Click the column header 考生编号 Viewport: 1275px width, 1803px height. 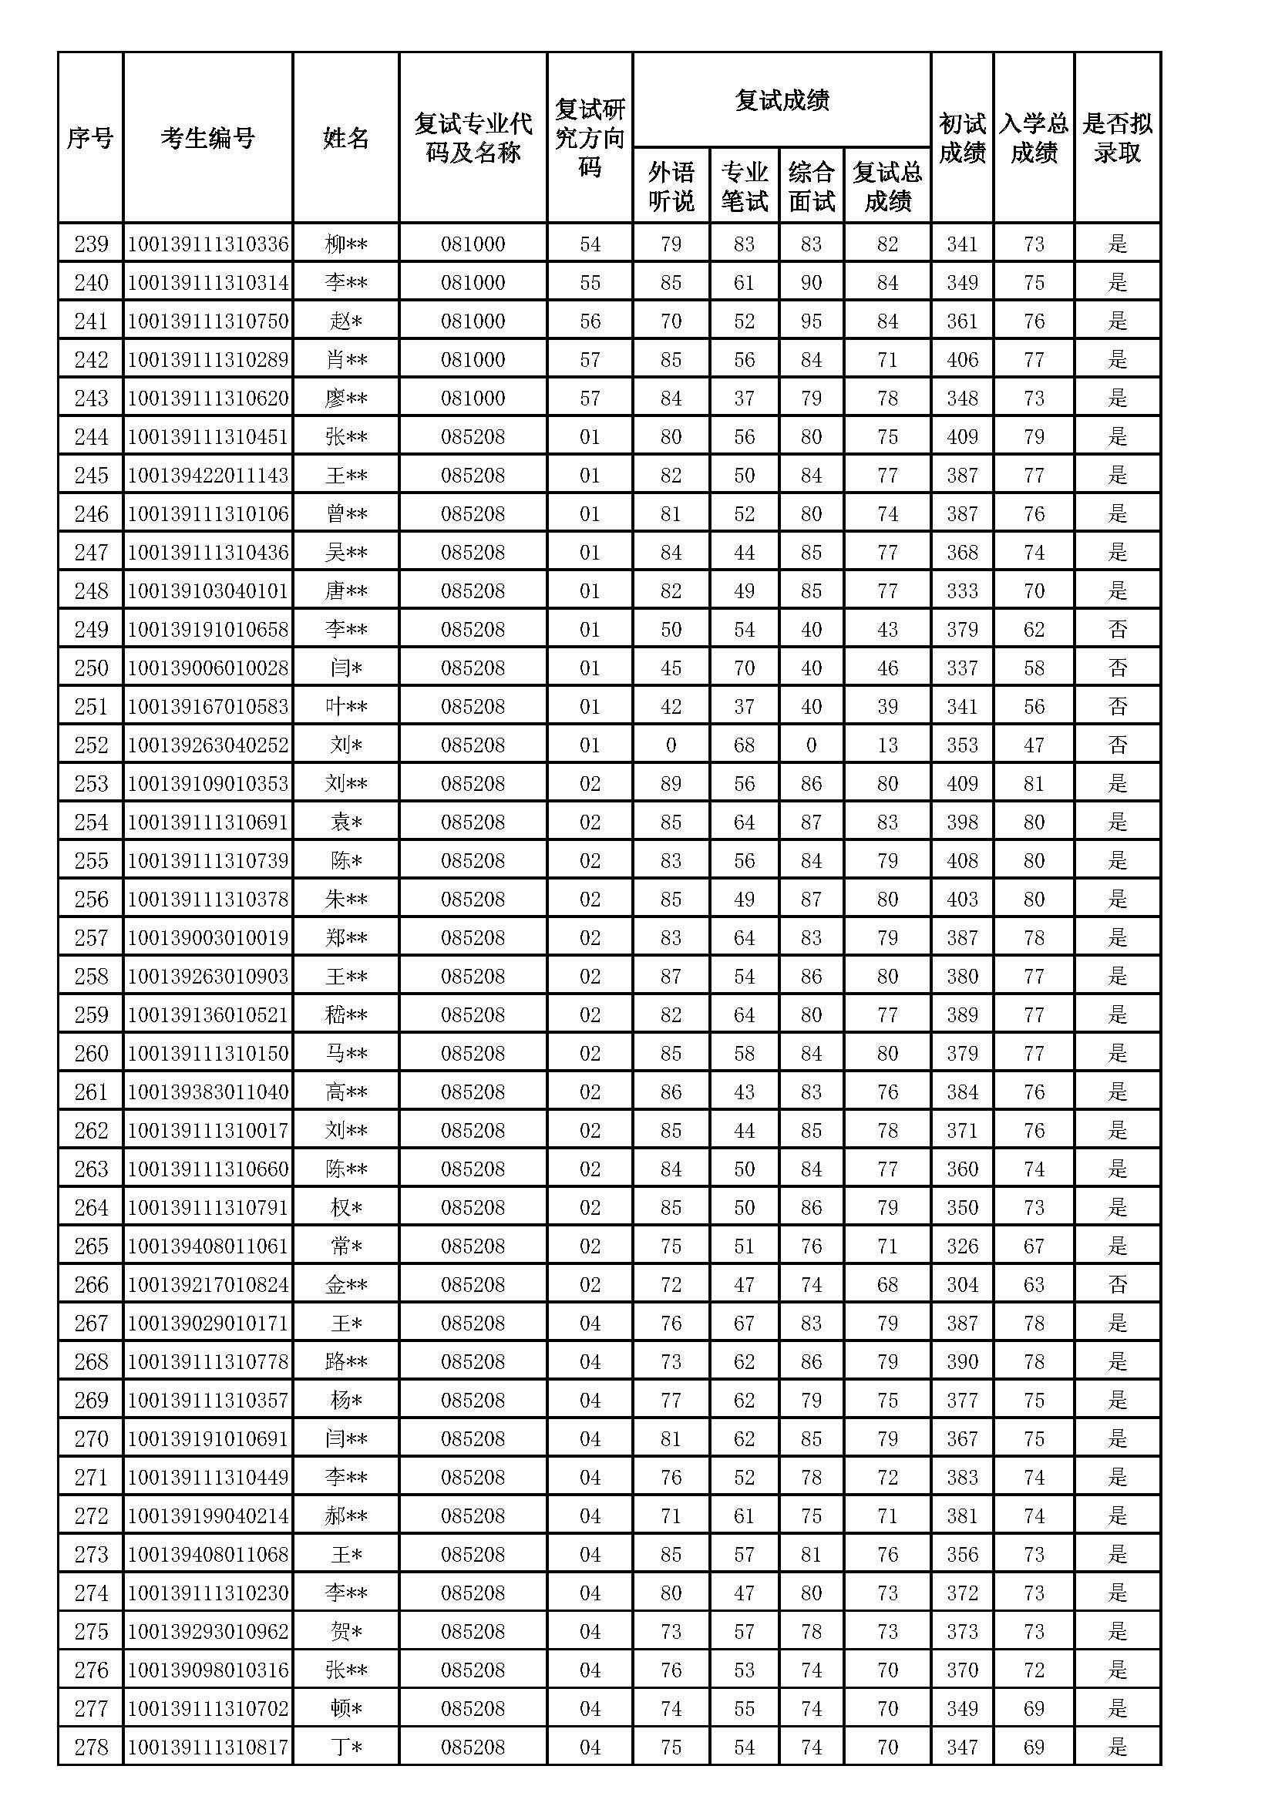click(207, 138)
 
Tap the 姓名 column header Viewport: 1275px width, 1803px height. click(345, 138)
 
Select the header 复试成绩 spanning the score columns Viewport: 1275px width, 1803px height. click(781, 100)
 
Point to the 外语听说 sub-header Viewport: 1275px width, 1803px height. click(671, 186)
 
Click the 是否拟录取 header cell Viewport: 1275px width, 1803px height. click(1116, 138)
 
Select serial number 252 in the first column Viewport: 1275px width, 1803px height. click(91, 745)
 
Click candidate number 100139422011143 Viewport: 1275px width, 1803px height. click(208, 475)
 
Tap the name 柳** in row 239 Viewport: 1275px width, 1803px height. click(345, 244)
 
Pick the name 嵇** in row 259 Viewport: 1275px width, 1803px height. click(345, 1014)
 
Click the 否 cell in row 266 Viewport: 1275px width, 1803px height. click(1116, 1285)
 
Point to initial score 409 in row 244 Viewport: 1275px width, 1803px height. click(962, 436)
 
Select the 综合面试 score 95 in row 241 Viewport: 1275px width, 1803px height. click(811, 321)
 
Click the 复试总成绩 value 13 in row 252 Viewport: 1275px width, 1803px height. click(887, 745)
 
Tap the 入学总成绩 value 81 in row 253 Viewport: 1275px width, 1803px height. click(1033, 783)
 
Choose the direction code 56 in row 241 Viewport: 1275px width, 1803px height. click(590, 321)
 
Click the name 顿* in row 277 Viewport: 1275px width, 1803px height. click(345, 1708)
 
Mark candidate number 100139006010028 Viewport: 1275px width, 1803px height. click(208, 668)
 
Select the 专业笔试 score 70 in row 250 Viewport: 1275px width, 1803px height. click(743, 668)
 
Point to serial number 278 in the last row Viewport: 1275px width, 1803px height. click(91, 1747)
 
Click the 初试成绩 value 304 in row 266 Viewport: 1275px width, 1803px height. click(962, 1285)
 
